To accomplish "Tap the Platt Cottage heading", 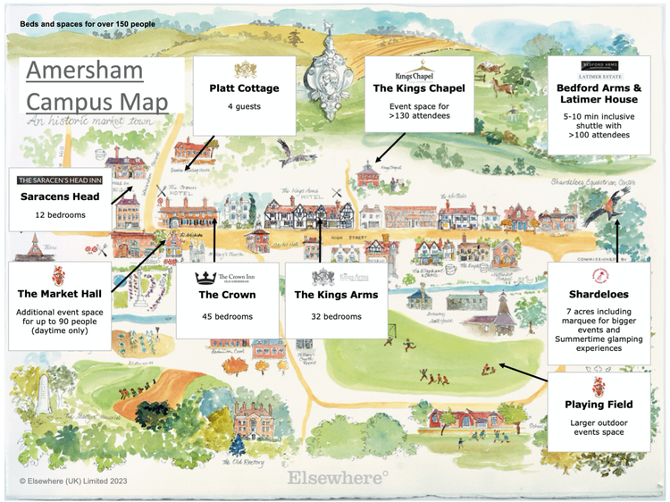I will click(244, 88).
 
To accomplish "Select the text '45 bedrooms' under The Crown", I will click(227, 316).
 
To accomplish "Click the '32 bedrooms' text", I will click(336, 316).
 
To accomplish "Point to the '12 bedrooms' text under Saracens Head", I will click(58, 215).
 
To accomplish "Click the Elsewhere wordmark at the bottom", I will click(338, 478).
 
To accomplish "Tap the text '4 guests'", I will click(244, 107).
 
